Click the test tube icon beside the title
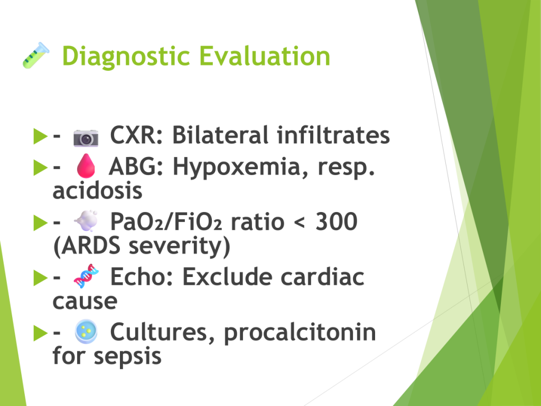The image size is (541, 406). (x=36, y=55)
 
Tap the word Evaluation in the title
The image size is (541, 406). (x=265, y=56)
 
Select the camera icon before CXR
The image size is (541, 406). (x=86, y=138)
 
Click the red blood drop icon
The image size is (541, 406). (x=86, y=165)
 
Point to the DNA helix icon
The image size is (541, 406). (x=86, y=276)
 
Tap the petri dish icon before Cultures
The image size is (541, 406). (x=86, y=331)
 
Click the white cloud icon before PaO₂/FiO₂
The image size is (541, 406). (x=86, y=220)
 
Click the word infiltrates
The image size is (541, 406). (x=333, y=135)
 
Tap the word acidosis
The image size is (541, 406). (x=97, y=190)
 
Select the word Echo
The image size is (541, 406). (x=142, y=276)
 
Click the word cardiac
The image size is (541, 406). (x=322, y=276)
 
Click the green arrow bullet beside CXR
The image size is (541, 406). (x=40, y=136)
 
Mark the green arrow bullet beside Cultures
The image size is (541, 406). (x=40, y=333)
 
